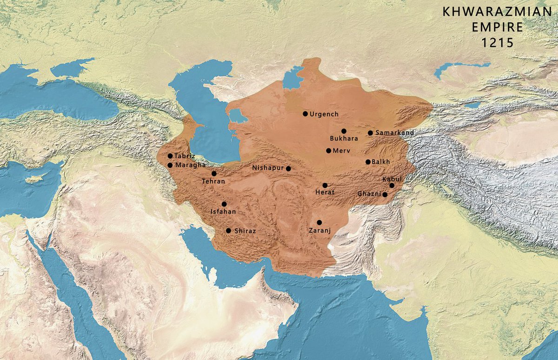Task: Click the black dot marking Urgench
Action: point(305,113)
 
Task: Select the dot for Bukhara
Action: point(344,131)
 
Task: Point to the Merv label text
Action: point(342,151)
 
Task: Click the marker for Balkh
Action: point(368,162)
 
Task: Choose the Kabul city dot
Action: point(392,185)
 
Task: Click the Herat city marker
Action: point(325,185)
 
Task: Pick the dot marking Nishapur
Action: point(288,168)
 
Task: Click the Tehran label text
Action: point(213,181)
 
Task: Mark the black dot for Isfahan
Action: point(224,204)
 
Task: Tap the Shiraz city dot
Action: point(228,230)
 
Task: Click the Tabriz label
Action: point(185,156)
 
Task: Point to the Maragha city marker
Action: point(170,165)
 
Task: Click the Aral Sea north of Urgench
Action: point(292,78)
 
